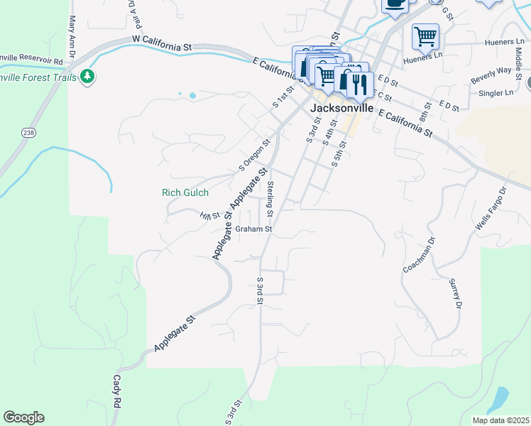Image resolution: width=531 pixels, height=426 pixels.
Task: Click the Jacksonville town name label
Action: click(342, 109)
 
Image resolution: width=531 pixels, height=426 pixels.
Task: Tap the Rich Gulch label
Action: click(185, 192)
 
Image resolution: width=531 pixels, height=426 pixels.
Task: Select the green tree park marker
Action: click(87, 75)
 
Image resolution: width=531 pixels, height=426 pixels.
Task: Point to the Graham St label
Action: click(254, 229)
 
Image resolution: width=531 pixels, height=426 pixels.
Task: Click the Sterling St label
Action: click(270, 199)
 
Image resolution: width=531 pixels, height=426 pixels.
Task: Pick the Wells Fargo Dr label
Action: click(491, 209)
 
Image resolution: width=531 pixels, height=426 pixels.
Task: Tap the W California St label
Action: click(162, 43)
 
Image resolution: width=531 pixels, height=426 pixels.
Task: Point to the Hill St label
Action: click(209, 216)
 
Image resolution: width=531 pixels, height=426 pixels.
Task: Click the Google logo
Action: click(23, 417)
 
